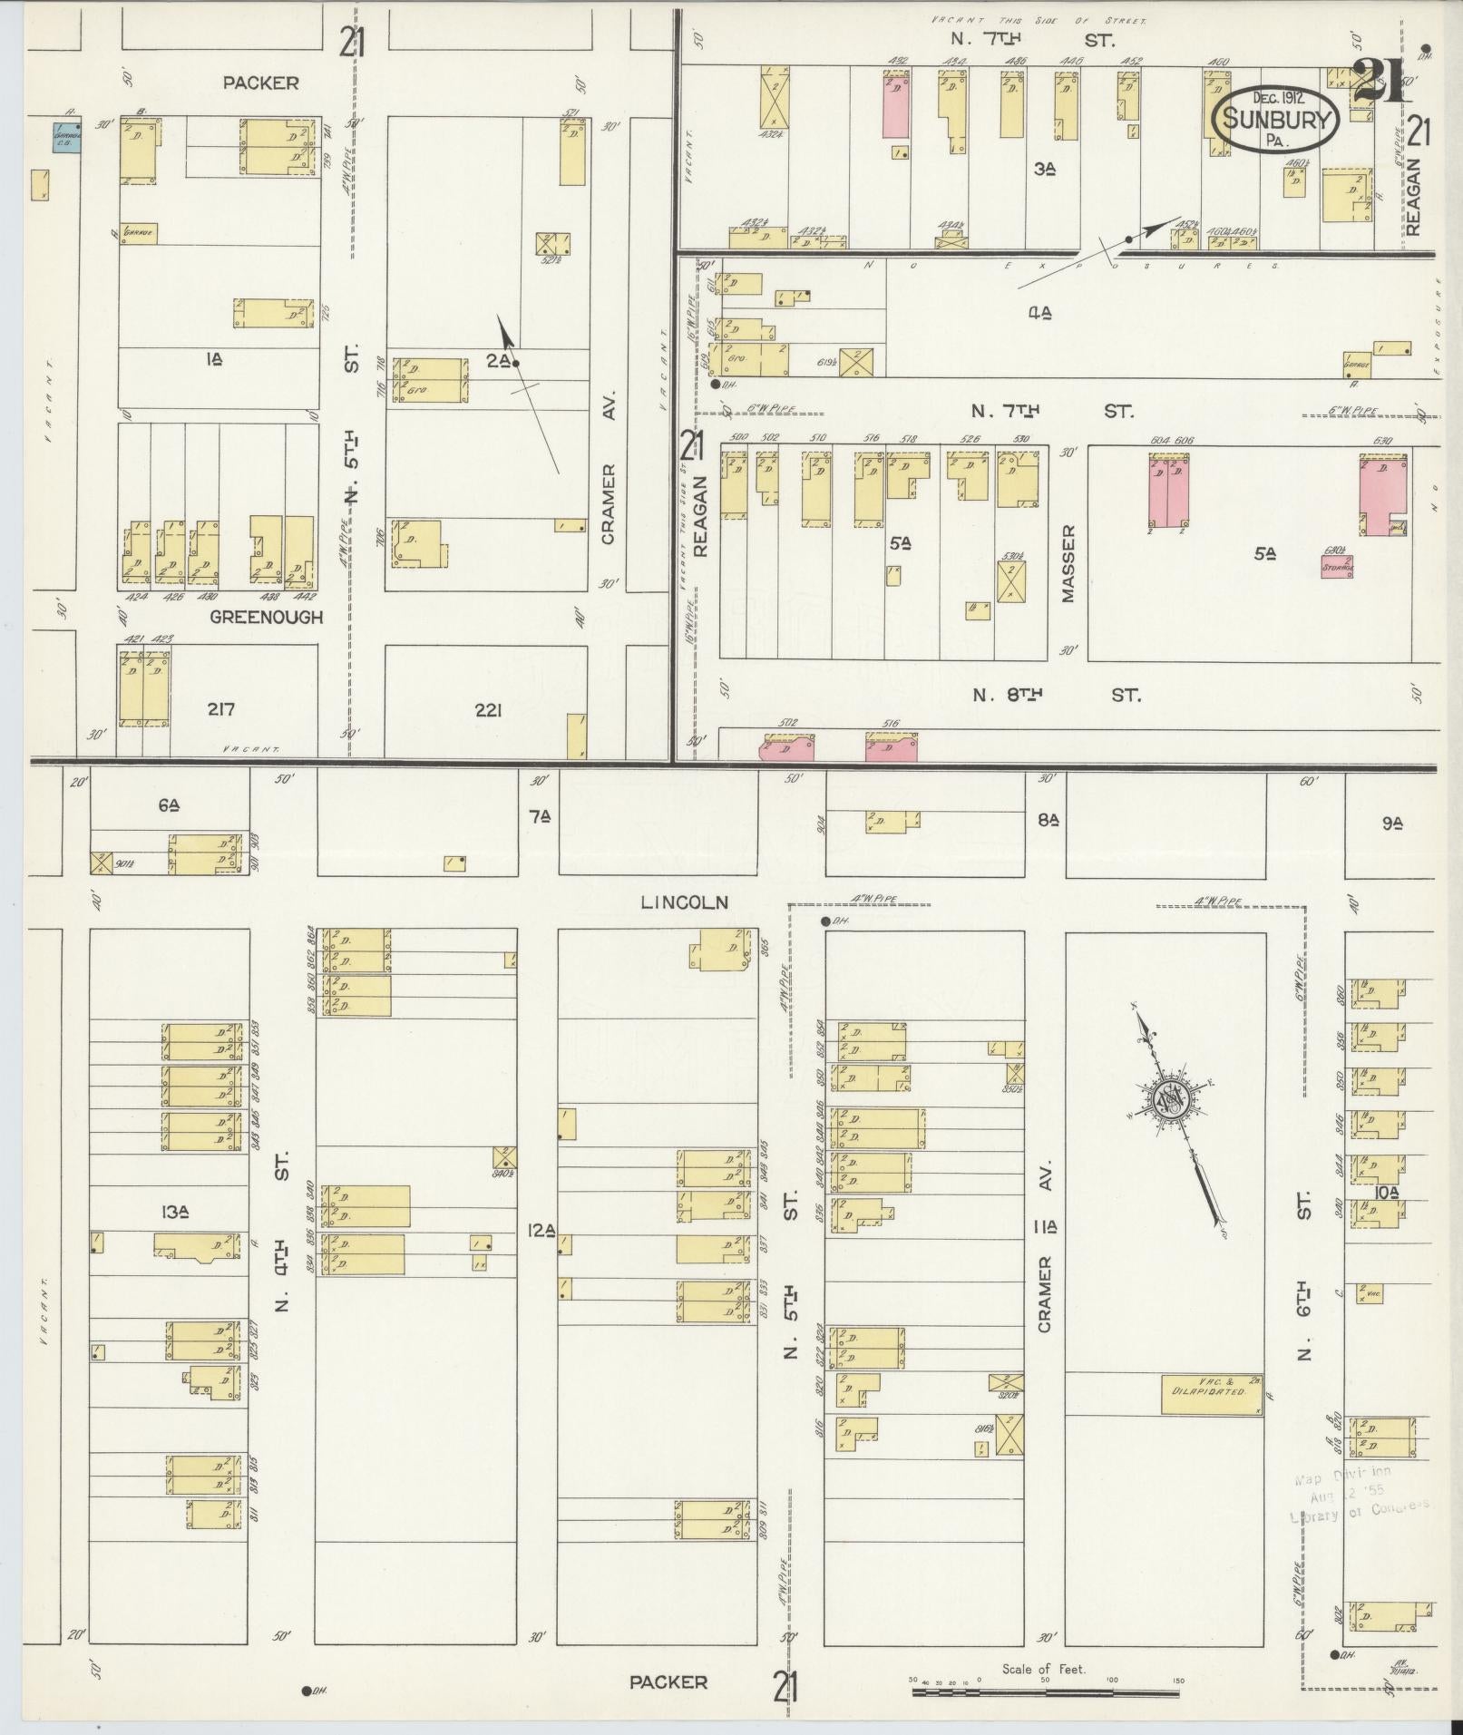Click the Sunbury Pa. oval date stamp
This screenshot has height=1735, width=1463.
tap(1278, 117)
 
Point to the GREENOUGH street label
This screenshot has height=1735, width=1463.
tap(267, 618)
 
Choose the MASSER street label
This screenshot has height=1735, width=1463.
tap(1068, 563)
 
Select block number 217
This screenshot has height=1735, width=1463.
tap(221, 710)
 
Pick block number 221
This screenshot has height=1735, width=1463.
tap(488, 711)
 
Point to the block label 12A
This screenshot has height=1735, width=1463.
tap(541, 1230)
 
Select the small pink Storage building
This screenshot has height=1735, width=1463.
tap(1337, 567)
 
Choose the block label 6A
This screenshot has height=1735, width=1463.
tap(168, 804)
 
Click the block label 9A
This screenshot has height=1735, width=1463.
tap(1392, 824)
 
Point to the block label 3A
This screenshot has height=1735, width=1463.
tap(1045, 168)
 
